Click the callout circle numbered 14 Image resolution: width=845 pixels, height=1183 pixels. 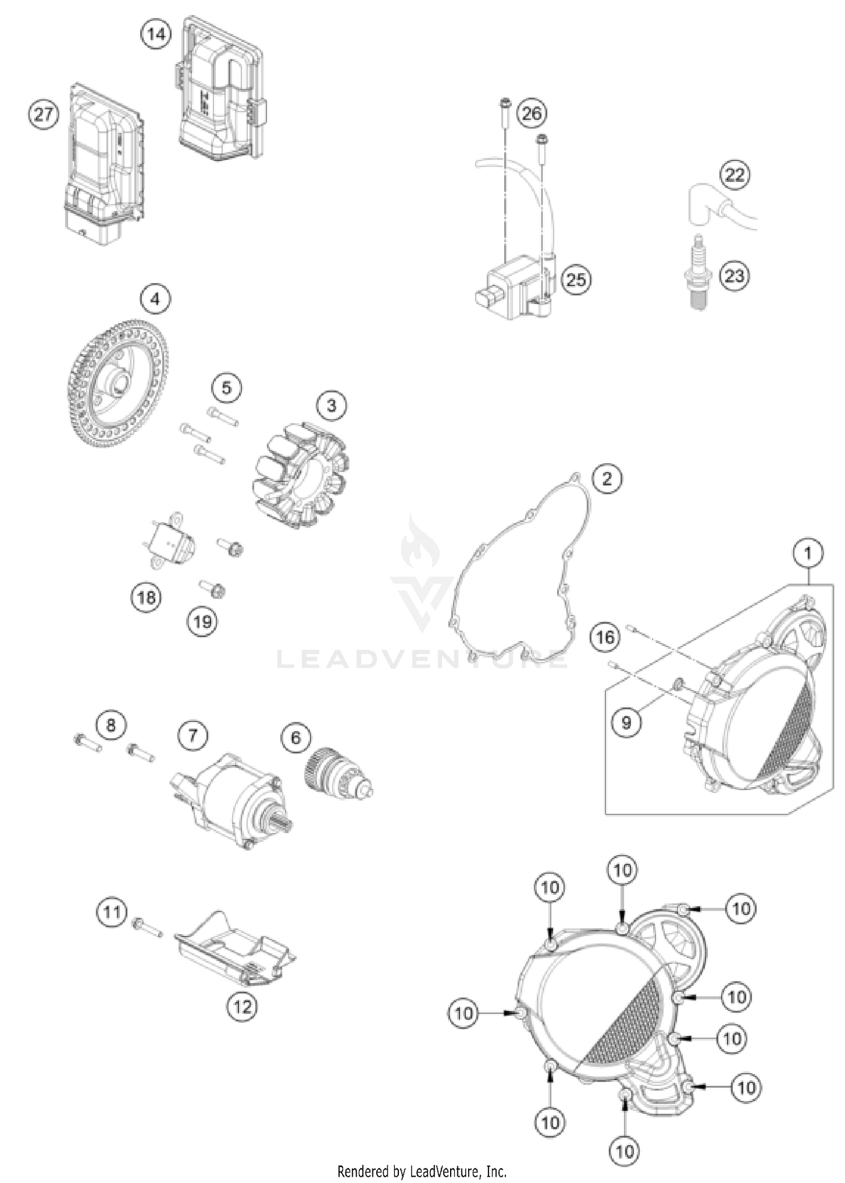pyautogui.click(x=156, y=35)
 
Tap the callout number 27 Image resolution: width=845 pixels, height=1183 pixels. pyautogui.click(x=44, y=115)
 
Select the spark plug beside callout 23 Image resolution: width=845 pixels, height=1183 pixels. pyautogui.click(x=699, y=273)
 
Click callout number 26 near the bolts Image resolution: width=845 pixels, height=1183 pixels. pyautogui.click(x=531, y=114)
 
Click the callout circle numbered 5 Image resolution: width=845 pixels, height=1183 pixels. pyautogui.click(x=226, y=387)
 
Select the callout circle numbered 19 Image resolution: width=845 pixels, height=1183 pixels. pyautogui.click(x=202, y=622)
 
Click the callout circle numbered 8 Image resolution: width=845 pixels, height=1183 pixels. pyautogui.click(x=110, y=725)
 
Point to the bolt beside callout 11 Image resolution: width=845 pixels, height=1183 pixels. pyautogui.click(x=146, y=927)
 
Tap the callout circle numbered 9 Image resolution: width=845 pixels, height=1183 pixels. pyautogui.click(x=626, y=721)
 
